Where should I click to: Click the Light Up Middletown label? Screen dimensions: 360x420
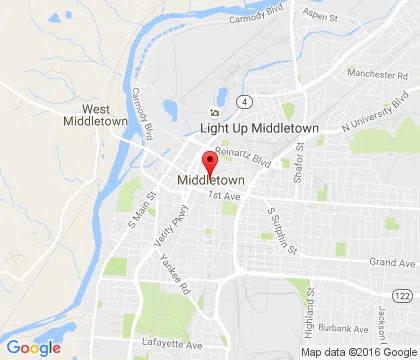tap(259, 129)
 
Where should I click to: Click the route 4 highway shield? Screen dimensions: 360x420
tap(243, 101)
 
